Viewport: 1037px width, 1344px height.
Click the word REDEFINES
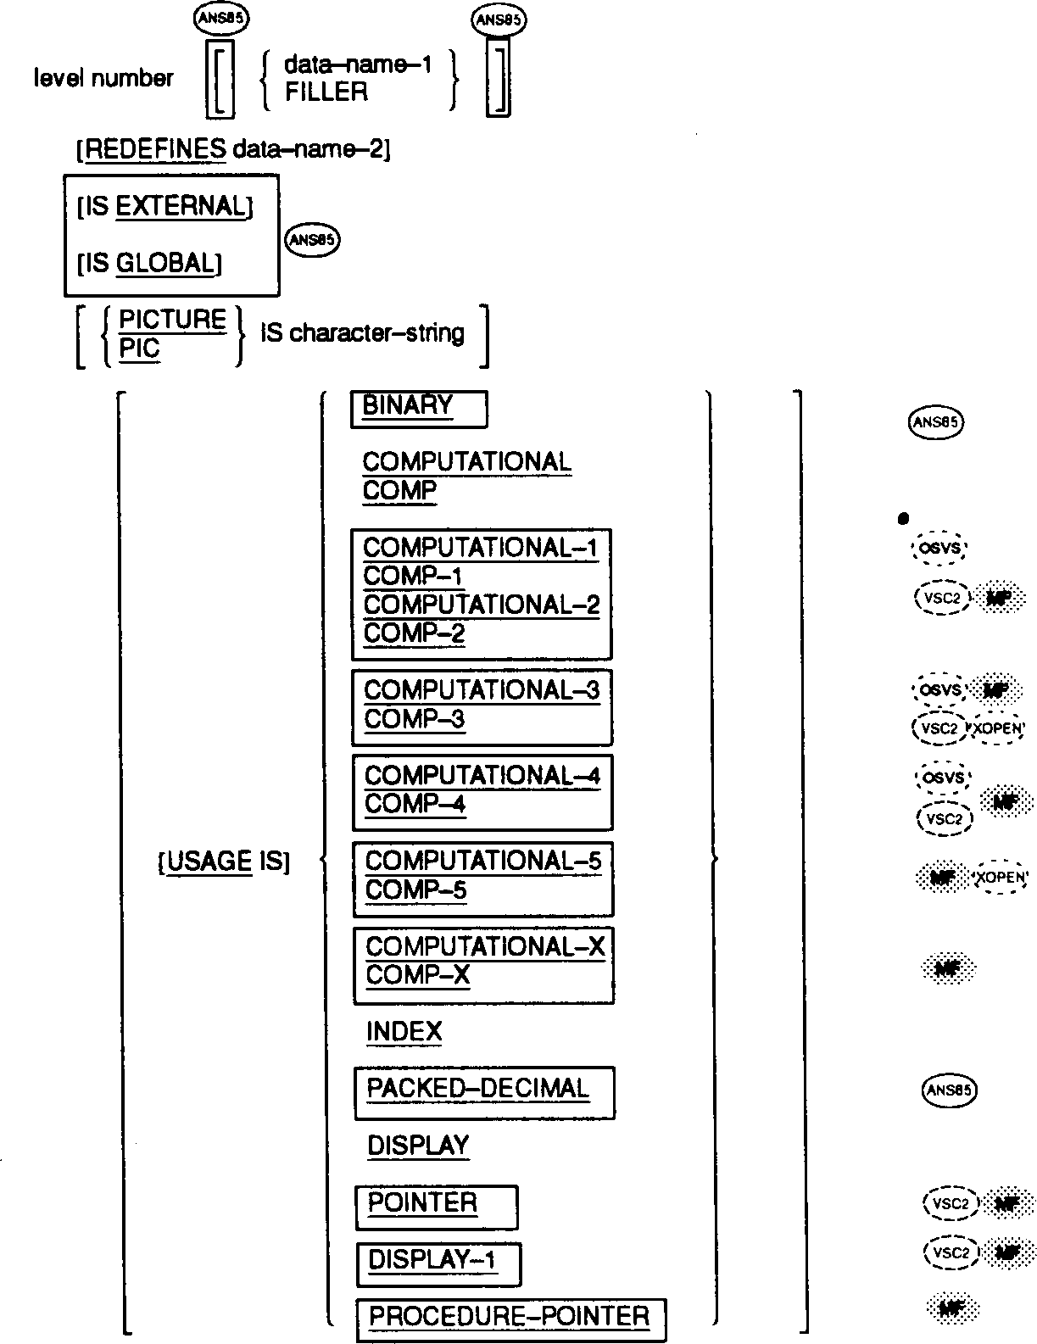pos(155,150)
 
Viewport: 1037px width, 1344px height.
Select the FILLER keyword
pos(326,92)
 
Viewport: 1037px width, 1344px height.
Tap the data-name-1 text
pos(358,64)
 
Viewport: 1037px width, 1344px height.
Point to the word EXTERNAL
pos(180,207)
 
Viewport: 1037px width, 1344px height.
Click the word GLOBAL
pos(164,264)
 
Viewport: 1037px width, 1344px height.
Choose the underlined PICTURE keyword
pos(173,320)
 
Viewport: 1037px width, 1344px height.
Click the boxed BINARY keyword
pos(408,406)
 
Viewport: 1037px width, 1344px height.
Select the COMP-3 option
pos(415,720)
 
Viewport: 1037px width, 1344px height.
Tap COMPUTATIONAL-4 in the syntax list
pos(482,775)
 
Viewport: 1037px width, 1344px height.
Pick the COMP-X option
pos(417,976)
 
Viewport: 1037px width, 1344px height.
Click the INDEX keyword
pos(404,1032)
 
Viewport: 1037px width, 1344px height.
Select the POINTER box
pos(422,1203)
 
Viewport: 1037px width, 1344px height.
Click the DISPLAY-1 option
pos(432,1261)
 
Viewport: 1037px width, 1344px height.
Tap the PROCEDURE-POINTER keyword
pos(510,1317)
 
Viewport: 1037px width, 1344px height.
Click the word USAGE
pos(209,862)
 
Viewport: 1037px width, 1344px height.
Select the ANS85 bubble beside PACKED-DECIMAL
pos(948,1090)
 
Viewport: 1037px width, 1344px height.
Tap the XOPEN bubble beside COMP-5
pos(1001,878)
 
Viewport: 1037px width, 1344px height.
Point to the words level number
pos(103,79)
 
